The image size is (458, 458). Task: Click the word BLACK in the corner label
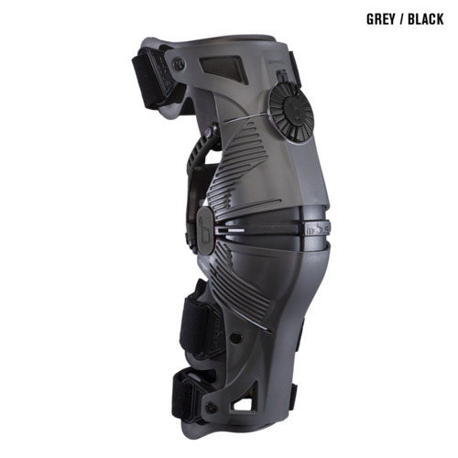426,19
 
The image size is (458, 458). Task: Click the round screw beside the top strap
178,63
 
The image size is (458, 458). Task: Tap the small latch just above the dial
283,76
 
